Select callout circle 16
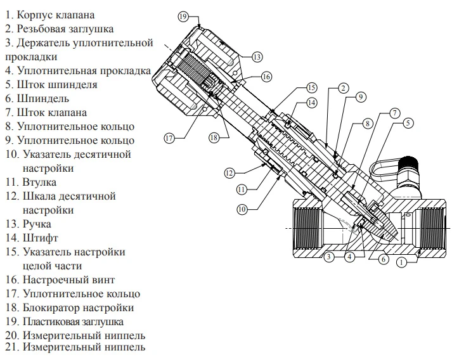tap(266, 76)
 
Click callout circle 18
tap(214, 137)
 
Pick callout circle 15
tap(311, 87)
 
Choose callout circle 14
tap(311, 102)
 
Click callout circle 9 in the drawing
tap(359, 97)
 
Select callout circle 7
tap(394, 113)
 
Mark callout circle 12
tap(229, 172)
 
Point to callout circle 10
tap(241, 208)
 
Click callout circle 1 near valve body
tap(401, 260)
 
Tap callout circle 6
tap(384, 259)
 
